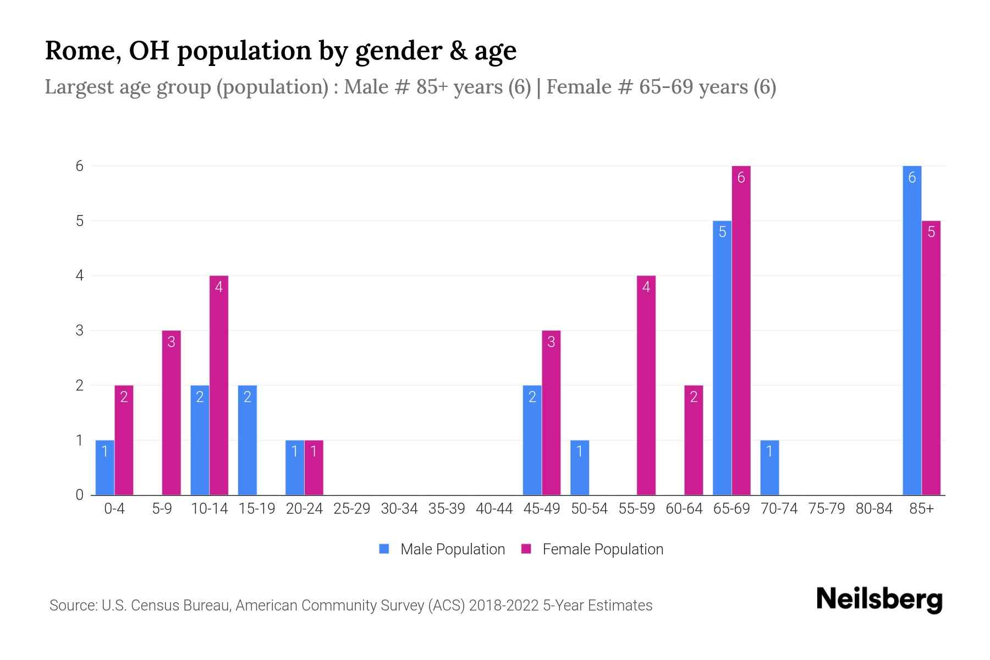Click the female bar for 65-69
coord(741,330)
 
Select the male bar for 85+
coord(912,330)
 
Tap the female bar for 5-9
coord(171,413)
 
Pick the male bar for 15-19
coord(247,440)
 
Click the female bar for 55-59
coord(646,385)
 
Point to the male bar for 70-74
coord(769,468)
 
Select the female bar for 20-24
coord(313,468)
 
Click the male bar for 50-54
coord(580,468)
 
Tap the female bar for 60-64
coord(694,440)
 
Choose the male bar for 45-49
coord(532,440)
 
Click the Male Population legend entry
coord(442,549)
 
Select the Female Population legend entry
coord(592,549)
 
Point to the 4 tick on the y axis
coord(80,276)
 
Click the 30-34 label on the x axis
coord(399,509)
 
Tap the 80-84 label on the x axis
coord(874,509)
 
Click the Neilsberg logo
coord(879,600)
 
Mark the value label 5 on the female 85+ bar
coord(931,232)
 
